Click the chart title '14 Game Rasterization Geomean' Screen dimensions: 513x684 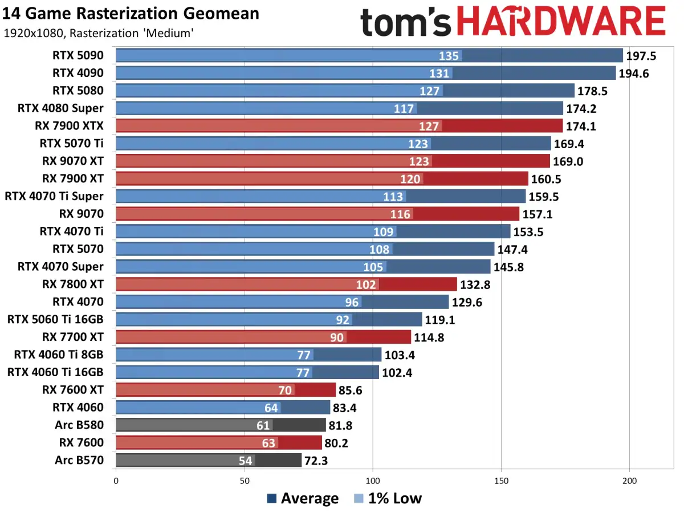click(131, 13)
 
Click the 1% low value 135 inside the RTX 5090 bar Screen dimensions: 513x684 click(449, 55)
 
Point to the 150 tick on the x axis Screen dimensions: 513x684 click(501, 481)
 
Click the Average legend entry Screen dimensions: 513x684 click(303, 498)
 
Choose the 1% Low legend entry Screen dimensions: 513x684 click(388, 498)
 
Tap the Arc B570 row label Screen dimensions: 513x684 click(79, 460)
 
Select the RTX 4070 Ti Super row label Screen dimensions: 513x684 click(54, 196)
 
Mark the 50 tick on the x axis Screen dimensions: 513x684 click(245, 481)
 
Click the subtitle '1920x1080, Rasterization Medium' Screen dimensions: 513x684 click(98, 34)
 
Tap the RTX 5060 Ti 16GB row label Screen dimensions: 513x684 click(55, 319)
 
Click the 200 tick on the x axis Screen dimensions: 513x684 click(629, 481)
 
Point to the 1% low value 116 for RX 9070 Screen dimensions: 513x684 click(401, 214)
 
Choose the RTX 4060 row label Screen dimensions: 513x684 click(78, 407)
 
